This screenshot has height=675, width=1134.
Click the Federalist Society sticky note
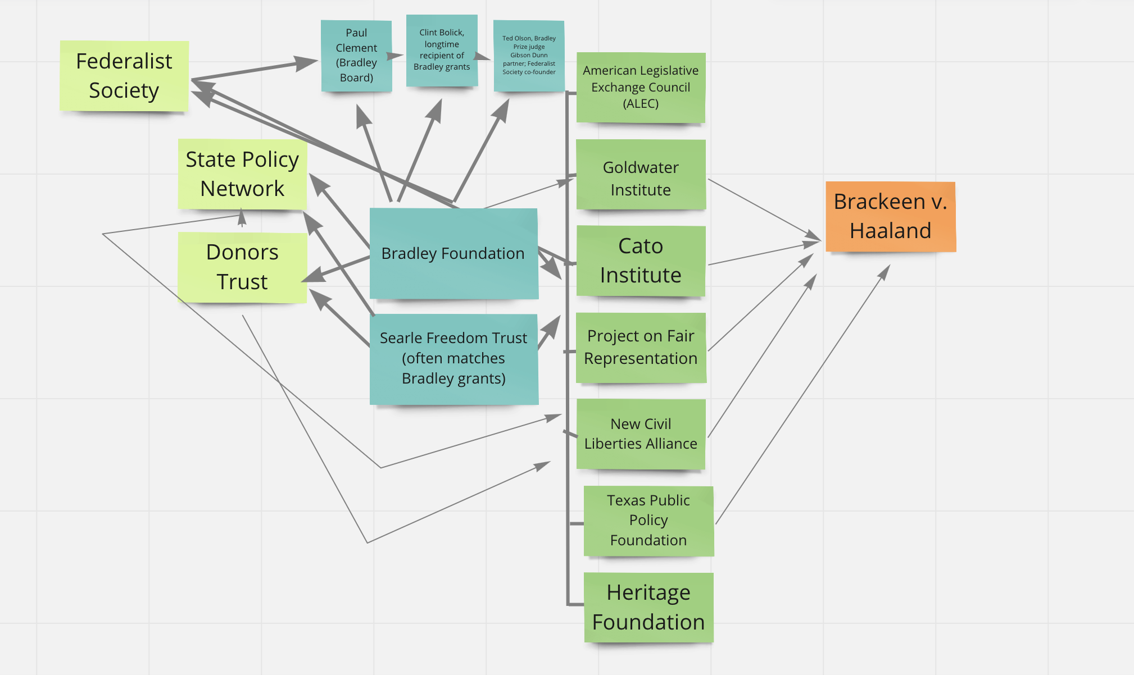[124, 76]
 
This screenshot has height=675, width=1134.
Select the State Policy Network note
[242, 174]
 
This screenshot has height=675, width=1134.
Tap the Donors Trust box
[242, 267]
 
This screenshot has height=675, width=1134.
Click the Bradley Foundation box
[453, 253]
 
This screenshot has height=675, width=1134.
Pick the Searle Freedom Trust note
[453, 358]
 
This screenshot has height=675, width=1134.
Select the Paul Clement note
[356, 56]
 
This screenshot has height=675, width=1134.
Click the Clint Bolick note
[442, 50]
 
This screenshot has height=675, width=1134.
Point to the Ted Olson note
[529, 55]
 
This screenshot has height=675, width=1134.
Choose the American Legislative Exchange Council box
[641, 87]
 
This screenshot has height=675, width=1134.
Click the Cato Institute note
[641, 261]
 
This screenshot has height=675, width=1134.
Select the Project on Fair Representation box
[641, 348]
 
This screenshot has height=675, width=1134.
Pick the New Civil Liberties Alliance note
[641, 434]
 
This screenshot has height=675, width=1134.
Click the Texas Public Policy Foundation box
[648, 521]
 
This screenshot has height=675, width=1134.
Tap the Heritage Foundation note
[648, 607]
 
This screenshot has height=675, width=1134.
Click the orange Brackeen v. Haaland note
[891, 216]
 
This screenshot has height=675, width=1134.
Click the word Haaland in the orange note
[891, 231]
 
